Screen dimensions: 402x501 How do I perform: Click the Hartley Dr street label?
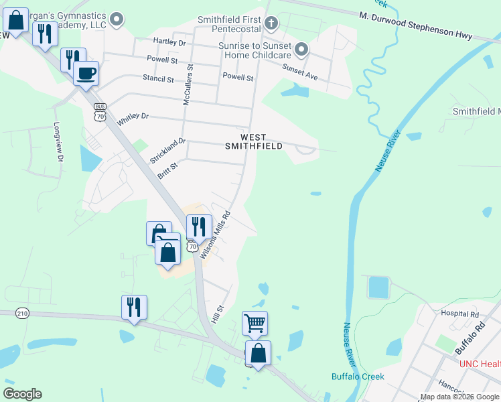coord(169,42)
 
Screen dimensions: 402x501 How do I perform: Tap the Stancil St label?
coord(158,78)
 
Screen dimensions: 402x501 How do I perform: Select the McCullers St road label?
coord(188,85)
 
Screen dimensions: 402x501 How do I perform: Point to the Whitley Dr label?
coord(133,119)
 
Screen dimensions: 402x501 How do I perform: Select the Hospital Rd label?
coord(460,314)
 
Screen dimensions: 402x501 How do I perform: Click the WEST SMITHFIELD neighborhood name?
coord(253,141)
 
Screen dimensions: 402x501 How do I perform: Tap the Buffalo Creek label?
coord(358,377)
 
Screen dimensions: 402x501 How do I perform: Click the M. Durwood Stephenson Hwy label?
coord(415,25)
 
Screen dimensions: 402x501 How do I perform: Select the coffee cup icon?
coord(86,72)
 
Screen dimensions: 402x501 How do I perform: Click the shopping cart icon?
coord(255,323)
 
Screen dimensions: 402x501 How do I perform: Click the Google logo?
coord(23,394)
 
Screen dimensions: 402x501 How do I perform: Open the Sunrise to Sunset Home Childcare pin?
coord(301,48)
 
